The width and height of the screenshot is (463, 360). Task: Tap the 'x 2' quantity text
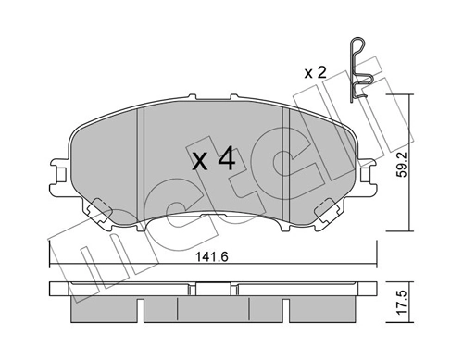pos(315,71)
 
